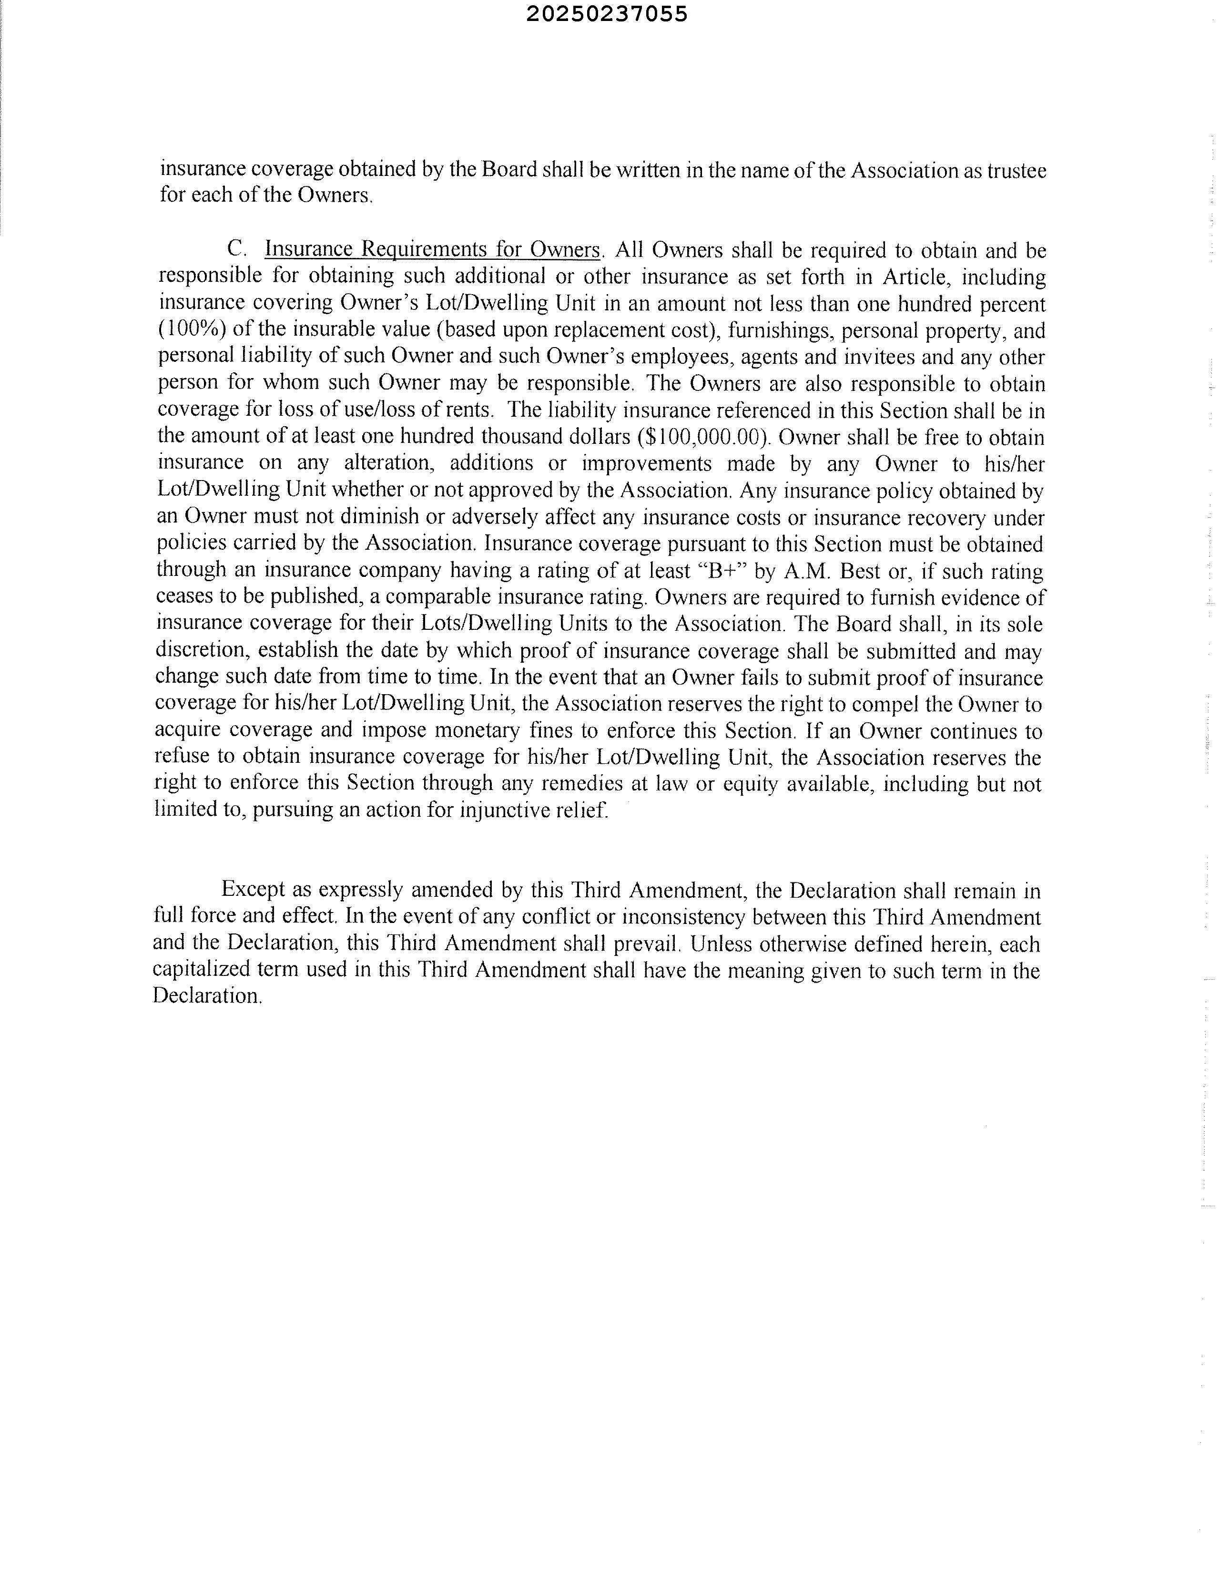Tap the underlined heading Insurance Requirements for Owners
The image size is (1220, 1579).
433,249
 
